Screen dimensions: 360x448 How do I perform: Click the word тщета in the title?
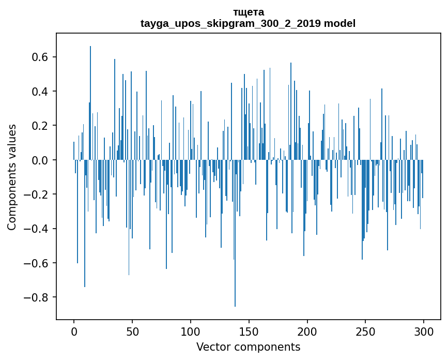pyautogui.click(x=248, y=12)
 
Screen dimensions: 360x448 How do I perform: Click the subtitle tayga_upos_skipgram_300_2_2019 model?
pyautogui.click(x=248, y=24)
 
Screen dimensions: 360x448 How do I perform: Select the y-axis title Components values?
pyautogui.click(x=12, y=177)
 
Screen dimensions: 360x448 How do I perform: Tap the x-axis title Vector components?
pyautogui.click(x=248, y=347)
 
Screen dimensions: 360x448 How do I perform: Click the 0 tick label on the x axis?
pyautogui.click(x=74, y=331)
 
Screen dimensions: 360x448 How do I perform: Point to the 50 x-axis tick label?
pyautogui.click(x=132, y=331)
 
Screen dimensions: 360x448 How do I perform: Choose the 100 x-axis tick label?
pyautogui.click(x=191, y=331)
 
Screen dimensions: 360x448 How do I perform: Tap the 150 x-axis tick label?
pyautogui.click(x=249, y=331)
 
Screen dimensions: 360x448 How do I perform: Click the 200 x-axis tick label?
pyautogui.click(x=307, y=331)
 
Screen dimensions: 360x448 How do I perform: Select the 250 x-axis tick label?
pyautogui.click(x=366, y=331)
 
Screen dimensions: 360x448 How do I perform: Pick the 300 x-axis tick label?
pyautogui.click(x=424, y=331)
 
